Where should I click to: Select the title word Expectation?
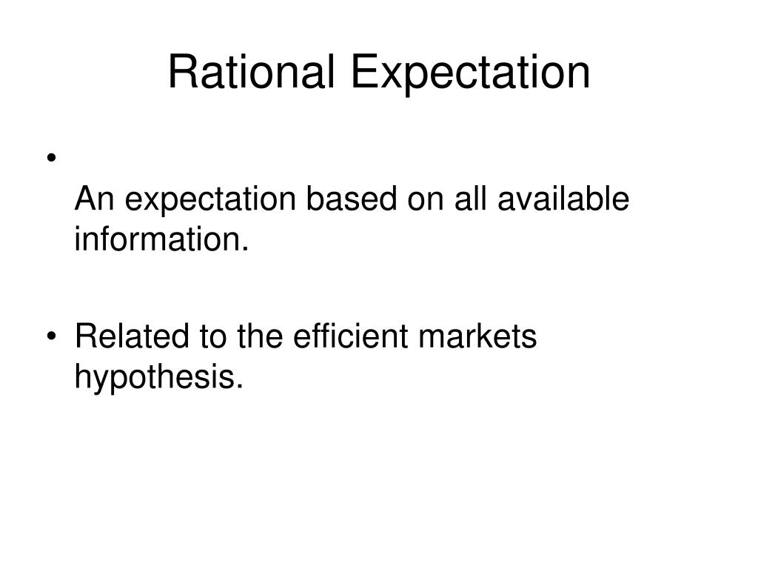click(x=472, y=74)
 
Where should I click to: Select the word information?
click(x=155, y=240)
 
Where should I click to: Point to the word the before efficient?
click(x=259, y=337)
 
